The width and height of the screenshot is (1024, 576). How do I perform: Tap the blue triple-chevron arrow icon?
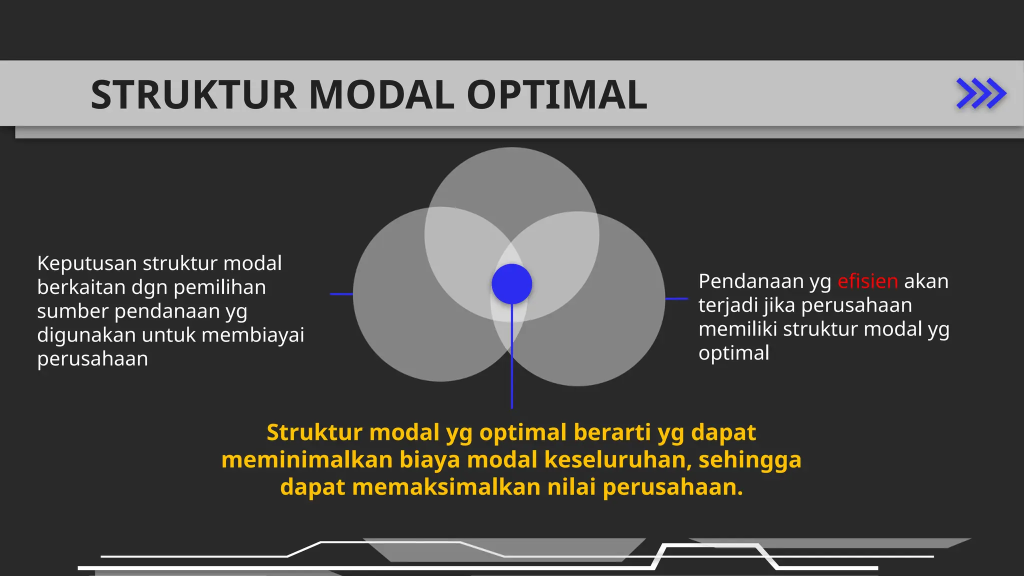pyautogui.click(x=980, y=93)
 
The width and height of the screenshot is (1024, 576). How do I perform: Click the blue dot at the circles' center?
pyautogui.click(x=511, y=284)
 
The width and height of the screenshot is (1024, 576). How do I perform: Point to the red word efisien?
pyautogui.click(x=867, y=281)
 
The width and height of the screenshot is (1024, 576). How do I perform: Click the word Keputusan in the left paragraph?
pyautogui.click(x=86, y=263)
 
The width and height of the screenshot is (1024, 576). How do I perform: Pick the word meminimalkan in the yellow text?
pyautogui.click(x=306, y=460)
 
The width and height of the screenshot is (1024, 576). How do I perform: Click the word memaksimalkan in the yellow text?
pyautogui.click(x=446, y=487)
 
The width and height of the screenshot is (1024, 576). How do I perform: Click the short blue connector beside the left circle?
pyautogui.click(x=341, y=294)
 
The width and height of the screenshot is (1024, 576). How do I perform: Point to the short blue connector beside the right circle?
pyautogui.click(x=677, y=298)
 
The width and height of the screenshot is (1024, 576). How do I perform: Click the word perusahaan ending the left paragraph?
pyautogui.click(x=92, y=359)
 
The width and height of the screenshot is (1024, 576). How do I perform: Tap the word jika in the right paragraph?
pyautogui.click(x=780, y=305)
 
